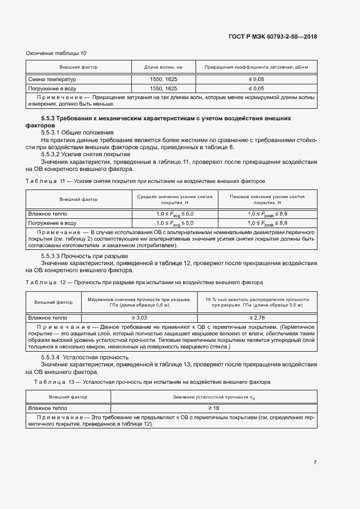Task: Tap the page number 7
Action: pyautogui.click(x=315, y=462)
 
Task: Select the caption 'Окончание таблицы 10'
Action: pyautogui.click(x=56, y=53)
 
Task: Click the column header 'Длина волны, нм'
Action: pyautogui.click(x=163, y=68)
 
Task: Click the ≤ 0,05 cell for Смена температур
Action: pyautogui.click(x=256, y=79)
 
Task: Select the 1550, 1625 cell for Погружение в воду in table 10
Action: pyautogui.click(x=163, y=88)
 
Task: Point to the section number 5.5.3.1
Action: pyautogui.click(x=53, y=132)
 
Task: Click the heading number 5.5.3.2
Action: pyautogui.click(x=53, y=155)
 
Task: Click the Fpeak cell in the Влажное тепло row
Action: pyautogui.click(x=267, y=214)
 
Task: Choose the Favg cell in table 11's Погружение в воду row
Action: pyautogui.click(x=174, y=223)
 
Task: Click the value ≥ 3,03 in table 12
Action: pyautogui.click(x=139, y=317)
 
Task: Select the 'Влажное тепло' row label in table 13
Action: pyautogui.click(x=47, y=408)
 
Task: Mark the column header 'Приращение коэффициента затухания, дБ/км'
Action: pyautogui.click(x=256, y=68)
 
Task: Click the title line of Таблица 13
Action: pyautogui.click(x=152, y=382)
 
